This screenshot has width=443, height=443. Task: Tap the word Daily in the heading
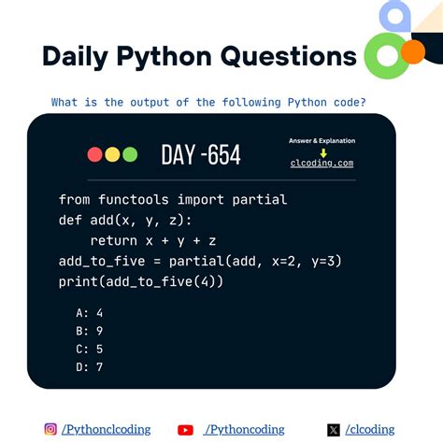click(x=78, y=56)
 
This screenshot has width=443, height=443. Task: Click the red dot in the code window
click(x=94, y=155)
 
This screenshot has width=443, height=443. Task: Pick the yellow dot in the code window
click(x=111, y=155)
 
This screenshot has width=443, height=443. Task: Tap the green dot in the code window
click(x=129, y=155)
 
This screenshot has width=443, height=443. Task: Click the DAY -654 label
click(x=200, y=155)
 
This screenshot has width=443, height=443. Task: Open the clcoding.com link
click(x=322, y=163)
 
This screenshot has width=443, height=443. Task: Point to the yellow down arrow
click(x=322, y=151)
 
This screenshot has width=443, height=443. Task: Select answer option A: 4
click(x=91, y=313)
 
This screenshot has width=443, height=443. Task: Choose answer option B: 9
click(x=91, y=331)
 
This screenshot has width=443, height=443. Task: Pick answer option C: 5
click(x=91, y=349)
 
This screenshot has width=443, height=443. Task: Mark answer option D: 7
click(x=91, y=366)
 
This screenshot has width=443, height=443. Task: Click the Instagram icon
click(x=50, y=430)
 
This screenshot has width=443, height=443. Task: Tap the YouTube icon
click(x=185, y=430)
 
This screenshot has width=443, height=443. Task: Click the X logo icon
click(x=334, y=430)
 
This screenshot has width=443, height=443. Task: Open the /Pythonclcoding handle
click(x=106, y=430)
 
